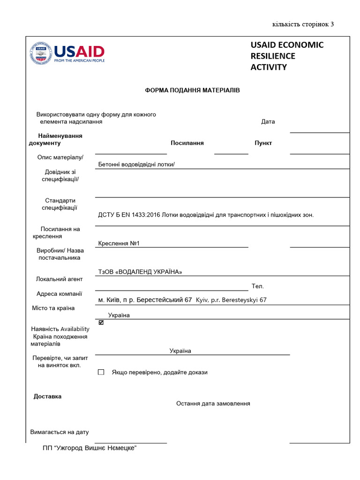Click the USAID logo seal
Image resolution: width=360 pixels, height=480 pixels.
(x=40, y=53)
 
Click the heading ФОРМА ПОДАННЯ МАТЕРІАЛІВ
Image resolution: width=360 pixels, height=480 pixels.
(x=192, y=90)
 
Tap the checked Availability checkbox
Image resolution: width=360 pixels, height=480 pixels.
(x=101, y=322)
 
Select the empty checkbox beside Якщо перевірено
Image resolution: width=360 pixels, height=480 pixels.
(x=101, y=372)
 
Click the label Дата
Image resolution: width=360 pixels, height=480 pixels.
(x=268, y=121)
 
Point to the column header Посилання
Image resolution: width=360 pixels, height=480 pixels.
(x=187, y=143)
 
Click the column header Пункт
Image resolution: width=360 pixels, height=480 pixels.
(x=263, y=143)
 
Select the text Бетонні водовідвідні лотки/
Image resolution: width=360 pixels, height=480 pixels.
(x=136, y=164)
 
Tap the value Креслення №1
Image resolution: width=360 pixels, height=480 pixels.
(x=119, y=243)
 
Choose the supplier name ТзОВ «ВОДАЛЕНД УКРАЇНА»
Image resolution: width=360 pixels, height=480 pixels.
(x=140, y=272)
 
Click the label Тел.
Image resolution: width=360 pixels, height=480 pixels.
(x=258, y=286)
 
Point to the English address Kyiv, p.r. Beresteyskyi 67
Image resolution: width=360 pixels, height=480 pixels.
(x=231, y=300)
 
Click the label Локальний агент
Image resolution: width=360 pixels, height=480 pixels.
(x=59, y=279)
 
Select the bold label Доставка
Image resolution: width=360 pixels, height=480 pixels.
(x=47, y=396)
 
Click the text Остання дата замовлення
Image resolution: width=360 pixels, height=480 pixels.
(x=213, y=403)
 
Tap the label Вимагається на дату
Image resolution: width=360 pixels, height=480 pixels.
(x=60, y=432)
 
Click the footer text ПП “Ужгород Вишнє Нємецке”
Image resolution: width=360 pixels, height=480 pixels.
(x=89, y=448)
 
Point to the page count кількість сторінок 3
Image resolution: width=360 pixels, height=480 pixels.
(x=303, y=24)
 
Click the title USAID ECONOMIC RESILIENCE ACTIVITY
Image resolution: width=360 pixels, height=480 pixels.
(x=287, y=56)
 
